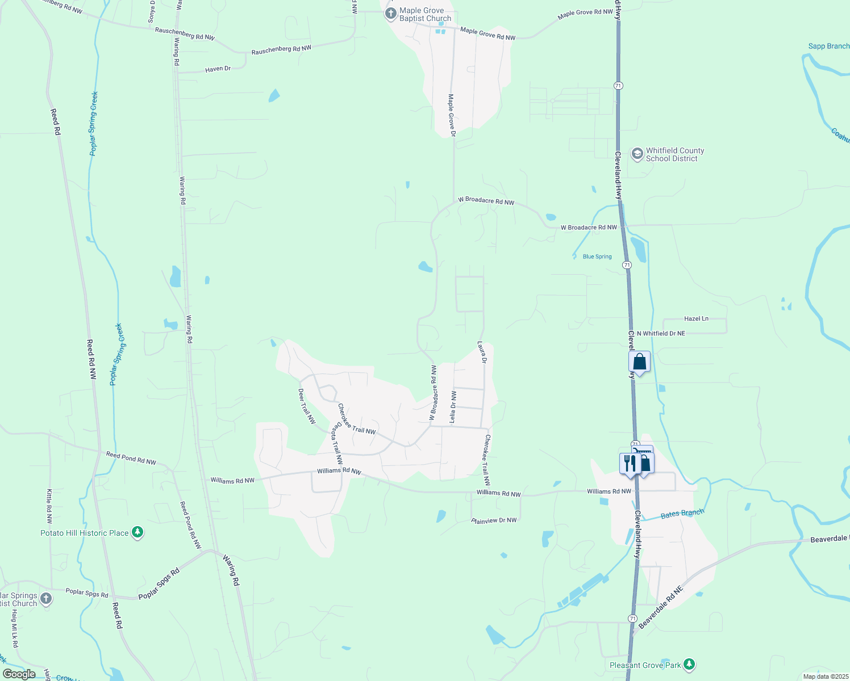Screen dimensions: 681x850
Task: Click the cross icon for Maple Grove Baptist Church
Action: pyautogui.click(x=390, y=14)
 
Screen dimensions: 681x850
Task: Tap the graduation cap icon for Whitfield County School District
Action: pyautogui.click(x=637, y=154)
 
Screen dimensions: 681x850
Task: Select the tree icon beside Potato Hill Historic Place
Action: pyautogui.click(x=137, y=532)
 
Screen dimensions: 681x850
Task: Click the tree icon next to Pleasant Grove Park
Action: pyautogui.click(x=689, y=664)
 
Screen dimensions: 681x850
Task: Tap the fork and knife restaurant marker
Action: pyautogui.click(x=630, y=463)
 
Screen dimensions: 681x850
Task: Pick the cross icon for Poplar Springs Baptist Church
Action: pyautogui.click(x=46, y=599)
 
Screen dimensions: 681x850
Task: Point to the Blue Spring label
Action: pyautogui.click(x=597, y=257)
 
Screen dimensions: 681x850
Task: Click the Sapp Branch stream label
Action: pyautogui.click(x=828, y=46)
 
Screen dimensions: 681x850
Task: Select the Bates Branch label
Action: pyautogui.click(x=682, y=514)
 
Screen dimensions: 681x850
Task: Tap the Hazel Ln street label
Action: pyautogui.click(x=696, y=318)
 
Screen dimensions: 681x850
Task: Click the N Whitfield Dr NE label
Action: pyautogui.click(x=661, y=333)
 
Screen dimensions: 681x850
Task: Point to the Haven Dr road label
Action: pyautogui.click(x=218, y=69)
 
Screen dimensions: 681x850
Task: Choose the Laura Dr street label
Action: pyautogui.click(x=482, y=352)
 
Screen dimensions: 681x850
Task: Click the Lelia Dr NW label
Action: pyautogui.click(x=453, y=406)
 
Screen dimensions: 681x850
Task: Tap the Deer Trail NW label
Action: pyautogui.click(x=307, y=406)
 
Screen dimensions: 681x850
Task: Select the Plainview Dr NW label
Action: pyautogui.click(x=494, y=520)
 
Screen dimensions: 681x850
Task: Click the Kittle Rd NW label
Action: pyautogui.click(x=49, y=506)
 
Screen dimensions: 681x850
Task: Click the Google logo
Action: pyautogui.click(x=19, y=674)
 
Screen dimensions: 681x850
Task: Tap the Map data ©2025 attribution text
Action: pyautogui.click(x=824, y=676)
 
